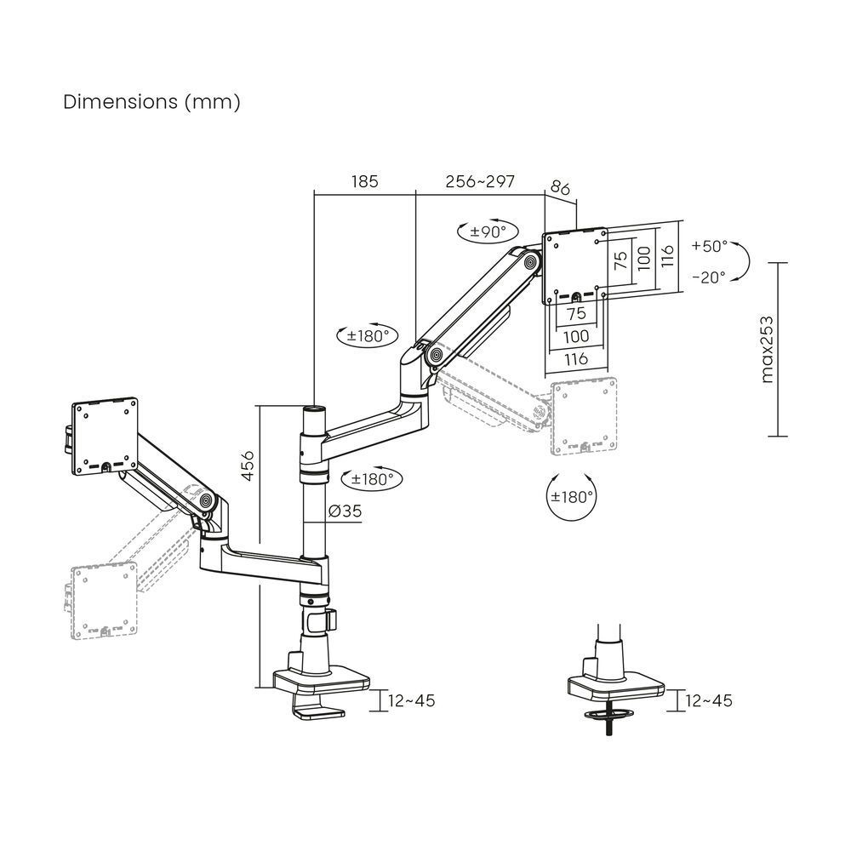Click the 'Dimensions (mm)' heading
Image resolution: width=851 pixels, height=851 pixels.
point(152,102)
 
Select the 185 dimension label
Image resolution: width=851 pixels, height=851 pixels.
point(363,182)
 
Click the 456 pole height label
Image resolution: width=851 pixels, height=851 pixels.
point(247,465)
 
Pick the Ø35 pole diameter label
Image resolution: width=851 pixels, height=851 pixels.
point(344,511)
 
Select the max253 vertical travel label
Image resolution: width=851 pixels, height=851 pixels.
point(768,349)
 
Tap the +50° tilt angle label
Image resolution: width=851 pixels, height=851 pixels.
point(709,247)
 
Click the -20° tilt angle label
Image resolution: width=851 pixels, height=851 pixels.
point(709,277)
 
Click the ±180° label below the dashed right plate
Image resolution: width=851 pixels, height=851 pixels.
point(572,497)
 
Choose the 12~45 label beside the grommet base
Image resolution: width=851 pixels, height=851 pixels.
point(708,700)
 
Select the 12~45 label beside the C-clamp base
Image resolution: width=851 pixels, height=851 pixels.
point(411,700)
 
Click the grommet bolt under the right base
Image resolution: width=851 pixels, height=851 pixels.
point(609,723)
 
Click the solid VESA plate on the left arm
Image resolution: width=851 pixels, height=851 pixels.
point(107,435)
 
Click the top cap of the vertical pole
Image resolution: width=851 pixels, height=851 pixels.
point(314,410)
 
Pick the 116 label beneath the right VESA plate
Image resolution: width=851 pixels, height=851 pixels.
point(576,359)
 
